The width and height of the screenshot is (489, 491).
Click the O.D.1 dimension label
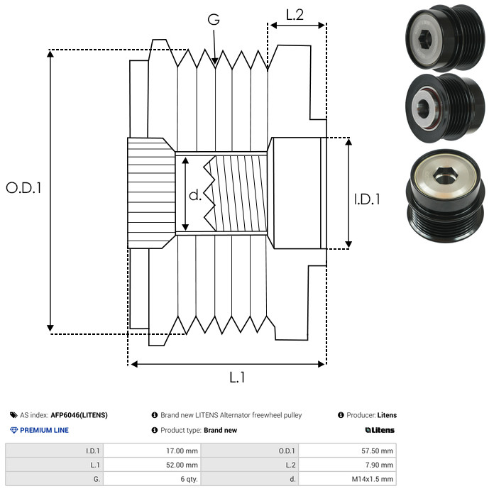(23, 188)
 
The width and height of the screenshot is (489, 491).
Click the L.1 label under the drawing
(237, 377)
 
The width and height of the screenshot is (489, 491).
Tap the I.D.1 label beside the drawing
(367, 199)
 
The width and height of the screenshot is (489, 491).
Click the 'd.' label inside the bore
(195, 194)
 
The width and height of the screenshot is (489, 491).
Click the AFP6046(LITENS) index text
(79, 415)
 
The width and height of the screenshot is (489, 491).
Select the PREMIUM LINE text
(44, 430)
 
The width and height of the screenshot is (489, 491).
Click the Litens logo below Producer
(380, 430)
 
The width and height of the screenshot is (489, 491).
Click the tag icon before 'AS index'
(13, 415)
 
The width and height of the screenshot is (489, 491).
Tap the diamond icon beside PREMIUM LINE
(13, 430)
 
